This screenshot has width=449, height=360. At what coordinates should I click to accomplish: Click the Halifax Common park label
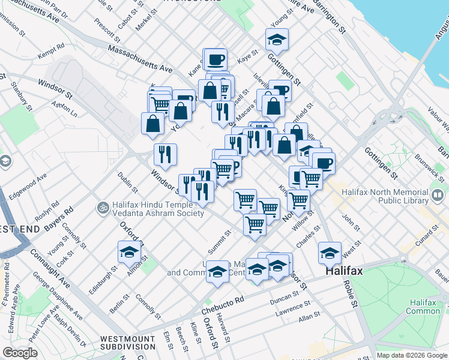pyautogui.click(x=423, y=307)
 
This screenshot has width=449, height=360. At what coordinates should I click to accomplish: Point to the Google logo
pyautogui.click(x=20, y=353)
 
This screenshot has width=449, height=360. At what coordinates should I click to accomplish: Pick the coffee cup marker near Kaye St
pyautogui.click(x=215, y=59)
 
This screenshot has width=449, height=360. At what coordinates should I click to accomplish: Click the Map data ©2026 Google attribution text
pyautogui.click(x=411, y=355)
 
